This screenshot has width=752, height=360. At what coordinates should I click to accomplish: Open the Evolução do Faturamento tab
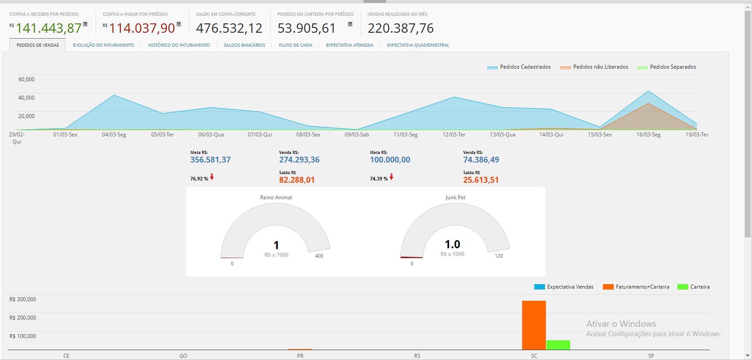click(x=103, y=45)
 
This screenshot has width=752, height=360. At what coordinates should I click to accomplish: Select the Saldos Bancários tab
click(x=244, y=45)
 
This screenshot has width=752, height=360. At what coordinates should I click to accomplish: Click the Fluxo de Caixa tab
click(x=295, y=45)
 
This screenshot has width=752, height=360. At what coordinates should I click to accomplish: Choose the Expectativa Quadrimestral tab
click(x=418, y=45)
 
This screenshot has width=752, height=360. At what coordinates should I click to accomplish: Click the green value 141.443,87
click(x=49, y=28)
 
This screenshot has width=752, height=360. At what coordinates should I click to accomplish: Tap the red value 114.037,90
click(x=142, y=28)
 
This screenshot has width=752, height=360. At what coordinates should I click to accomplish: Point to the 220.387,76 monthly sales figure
click(x=400, y=28)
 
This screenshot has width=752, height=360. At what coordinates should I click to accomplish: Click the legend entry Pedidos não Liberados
click(x=600, y=67)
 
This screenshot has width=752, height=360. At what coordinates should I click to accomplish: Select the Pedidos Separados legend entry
click(x=673, y=67)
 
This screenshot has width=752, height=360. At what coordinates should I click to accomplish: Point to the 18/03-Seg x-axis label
click(x=648, y=135)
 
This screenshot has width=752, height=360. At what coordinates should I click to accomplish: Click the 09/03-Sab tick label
click(x=357, y=135)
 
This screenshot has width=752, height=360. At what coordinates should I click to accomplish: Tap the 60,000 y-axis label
click(x=26, y=79)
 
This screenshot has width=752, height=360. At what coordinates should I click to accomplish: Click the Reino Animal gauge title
click(x=276, y=198)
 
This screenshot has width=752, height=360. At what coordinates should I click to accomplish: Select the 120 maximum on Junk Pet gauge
click(x=499, y=256)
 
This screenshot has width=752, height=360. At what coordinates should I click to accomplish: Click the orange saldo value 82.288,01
click(x=297, y=180)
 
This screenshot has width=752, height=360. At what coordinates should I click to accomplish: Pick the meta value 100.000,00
click(x=390, y=160)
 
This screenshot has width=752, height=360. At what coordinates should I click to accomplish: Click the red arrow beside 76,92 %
click(x=212, y=177)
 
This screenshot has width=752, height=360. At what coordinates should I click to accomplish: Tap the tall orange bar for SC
click(x=534, y=325)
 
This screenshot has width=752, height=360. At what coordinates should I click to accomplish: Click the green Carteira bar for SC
click(x=558, y=345)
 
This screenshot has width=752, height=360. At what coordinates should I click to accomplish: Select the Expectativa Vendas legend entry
click(x=570, y=287)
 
